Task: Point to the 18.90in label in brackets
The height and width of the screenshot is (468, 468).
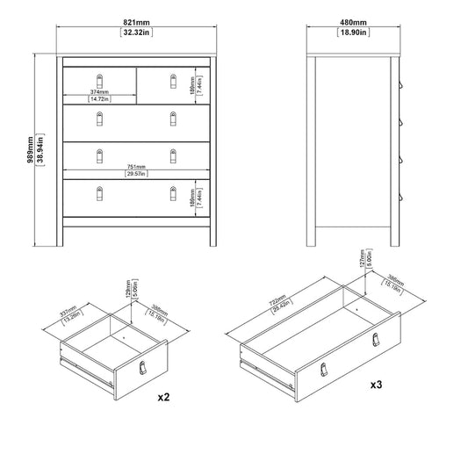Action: pyautogui.click(x=355, y=33)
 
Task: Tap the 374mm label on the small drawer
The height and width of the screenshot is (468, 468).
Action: pyautogui.click(x=99, y=90)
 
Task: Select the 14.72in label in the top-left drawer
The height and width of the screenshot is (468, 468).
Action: pyautogui.click(x=99, y=99)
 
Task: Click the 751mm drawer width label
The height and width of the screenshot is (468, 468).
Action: pyautogui.click(x=136, y=167)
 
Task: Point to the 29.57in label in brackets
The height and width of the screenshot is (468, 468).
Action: pyautogui.click(x=136, y=175)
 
